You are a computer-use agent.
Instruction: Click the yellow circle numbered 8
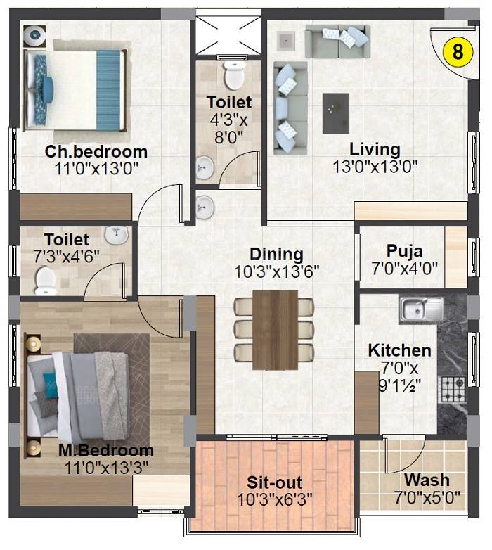click(458, 51)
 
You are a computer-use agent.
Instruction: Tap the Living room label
click(375, 150)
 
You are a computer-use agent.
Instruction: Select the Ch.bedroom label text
click(96, 151)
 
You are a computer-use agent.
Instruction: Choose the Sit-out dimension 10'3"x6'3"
click(275, 499)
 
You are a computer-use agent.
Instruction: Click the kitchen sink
click(420, 308)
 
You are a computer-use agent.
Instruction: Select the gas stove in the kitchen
click(452, 387)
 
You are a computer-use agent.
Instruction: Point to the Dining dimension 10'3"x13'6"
click(277, 271)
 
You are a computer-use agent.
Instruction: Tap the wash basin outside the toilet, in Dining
click(205, 206)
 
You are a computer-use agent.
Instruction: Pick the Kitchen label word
click(399, 350)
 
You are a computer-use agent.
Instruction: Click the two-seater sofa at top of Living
click(337, 41)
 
